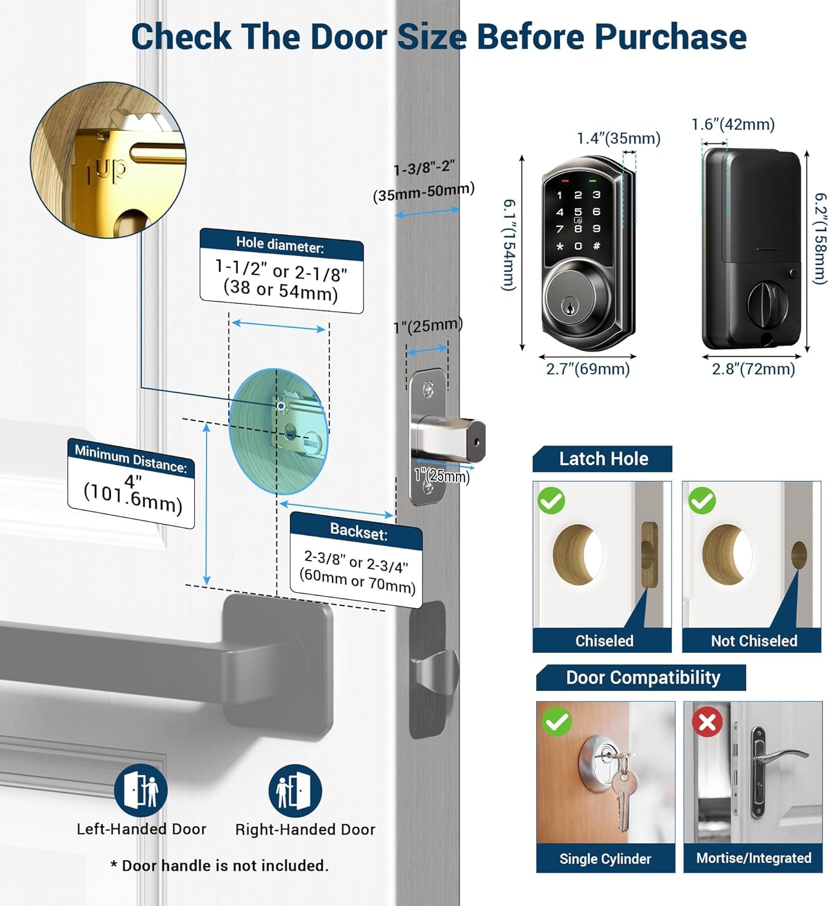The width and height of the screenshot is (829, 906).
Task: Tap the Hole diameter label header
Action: coord(280,245)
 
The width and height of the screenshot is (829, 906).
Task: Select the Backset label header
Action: coord(359,532)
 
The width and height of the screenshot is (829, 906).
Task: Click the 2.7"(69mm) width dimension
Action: coord(587,369)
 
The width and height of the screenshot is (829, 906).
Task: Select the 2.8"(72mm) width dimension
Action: coord(753,369)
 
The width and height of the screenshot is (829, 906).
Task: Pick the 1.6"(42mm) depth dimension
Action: coord(732,124)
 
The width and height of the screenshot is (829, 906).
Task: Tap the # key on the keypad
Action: coord(597,246)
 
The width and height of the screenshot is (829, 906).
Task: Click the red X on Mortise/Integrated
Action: coord(707,722)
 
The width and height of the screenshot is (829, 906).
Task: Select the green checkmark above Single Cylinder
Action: coord(557,722)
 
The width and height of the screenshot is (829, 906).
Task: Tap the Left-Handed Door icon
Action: coord(141,791)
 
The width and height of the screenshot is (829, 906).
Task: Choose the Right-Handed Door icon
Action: coord(295,791)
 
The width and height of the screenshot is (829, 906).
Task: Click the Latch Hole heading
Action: coord(603,459)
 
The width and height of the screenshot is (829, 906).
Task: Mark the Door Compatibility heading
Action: coord(642,678)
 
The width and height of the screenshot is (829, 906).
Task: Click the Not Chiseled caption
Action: coord(754,641)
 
